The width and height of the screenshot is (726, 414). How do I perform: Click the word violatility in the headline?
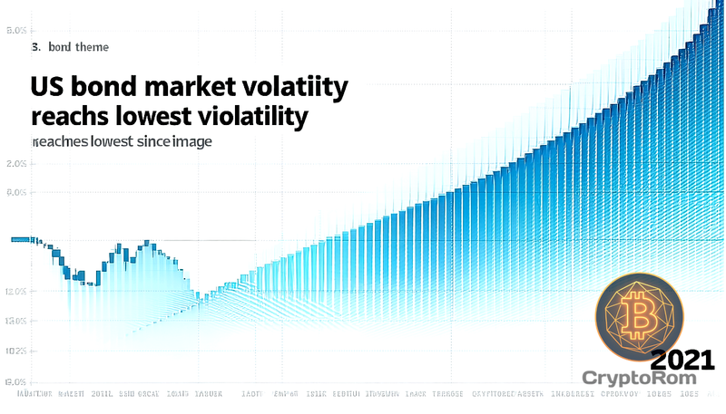pyautogui.click(x=255, y=117)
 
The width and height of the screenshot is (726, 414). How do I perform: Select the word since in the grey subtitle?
pyautogui.click(x=160, y=142)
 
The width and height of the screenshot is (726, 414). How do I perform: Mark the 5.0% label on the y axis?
pyautogui.click(x=15, y=30)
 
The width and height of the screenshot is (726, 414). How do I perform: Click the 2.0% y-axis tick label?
pyautogui.click(x=15, y=164)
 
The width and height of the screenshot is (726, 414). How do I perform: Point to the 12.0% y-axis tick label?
pyautogui.click(x=15, y=292)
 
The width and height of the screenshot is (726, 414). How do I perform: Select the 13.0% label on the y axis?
pyautogui.click(x=15, y=321)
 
